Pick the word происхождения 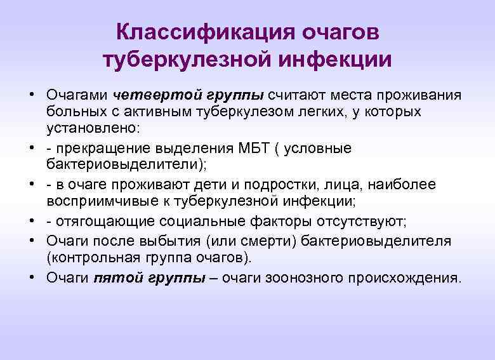point(410,278)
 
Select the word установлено point(89,128)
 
